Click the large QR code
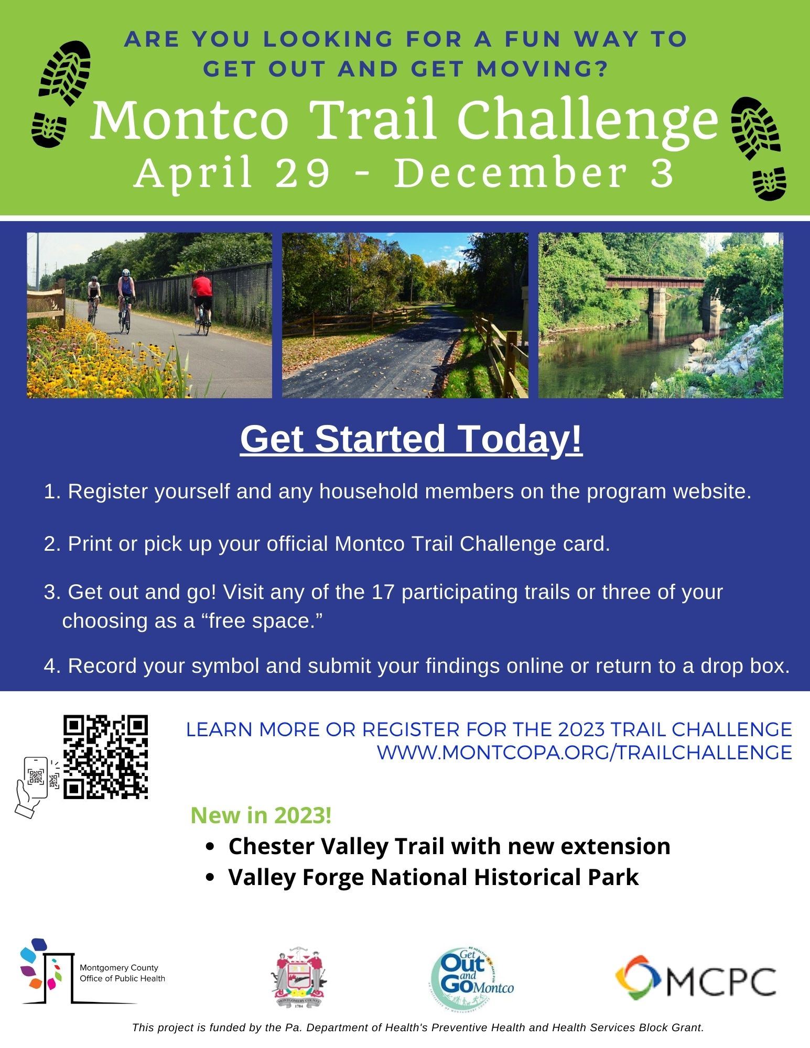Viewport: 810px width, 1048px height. point(105,757)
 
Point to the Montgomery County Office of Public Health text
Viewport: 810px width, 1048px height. point(122,973)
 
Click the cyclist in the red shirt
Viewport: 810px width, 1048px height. point(201,300)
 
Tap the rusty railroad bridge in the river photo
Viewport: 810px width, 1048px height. point(655,283)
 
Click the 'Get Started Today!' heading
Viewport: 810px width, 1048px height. point(411,439)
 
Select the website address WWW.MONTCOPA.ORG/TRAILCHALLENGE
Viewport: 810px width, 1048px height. point(584,752)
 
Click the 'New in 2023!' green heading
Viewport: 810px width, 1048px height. point(261,815)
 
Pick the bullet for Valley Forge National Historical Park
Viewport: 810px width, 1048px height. point(211,877)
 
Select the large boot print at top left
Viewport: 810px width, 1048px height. point(66,72)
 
